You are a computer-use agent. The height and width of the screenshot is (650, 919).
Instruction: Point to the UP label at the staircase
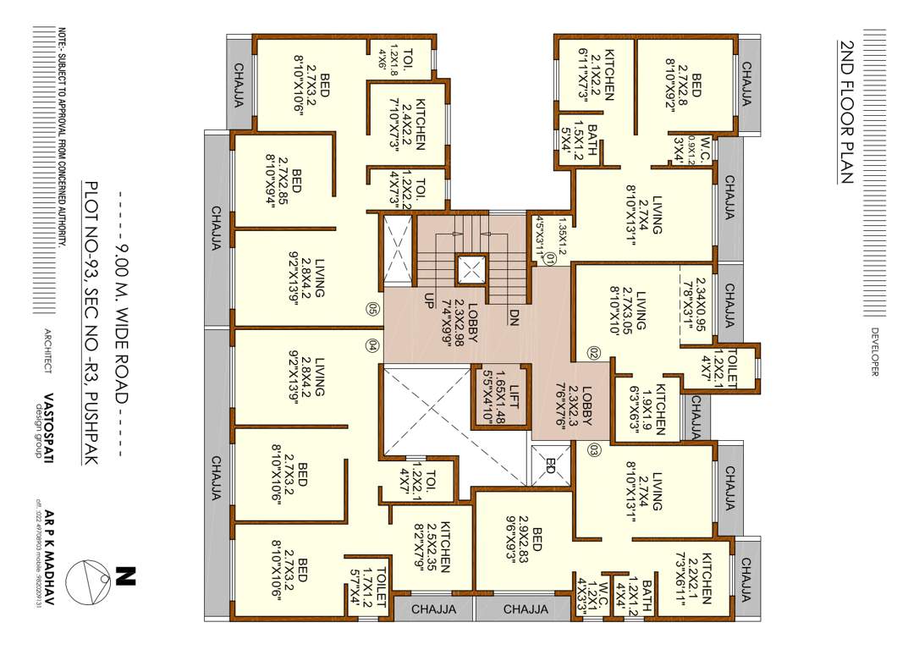tap(430, 301)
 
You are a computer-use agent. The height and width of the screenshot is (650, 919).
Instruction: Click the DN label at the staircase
tap(514, 316)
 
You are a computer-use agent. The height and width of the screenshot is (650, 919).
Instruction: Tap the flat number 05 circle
tap(372, 309)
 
